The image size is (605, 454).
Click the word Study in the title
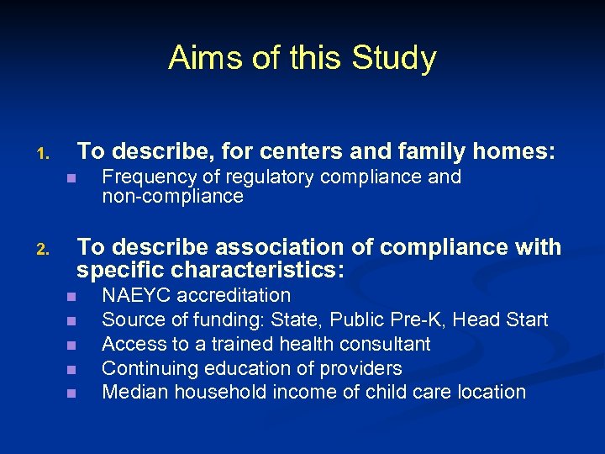point(395,58)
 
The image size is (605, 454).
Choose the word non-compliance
point(172,197)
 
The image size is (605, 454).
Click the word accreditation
point(233,295)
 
